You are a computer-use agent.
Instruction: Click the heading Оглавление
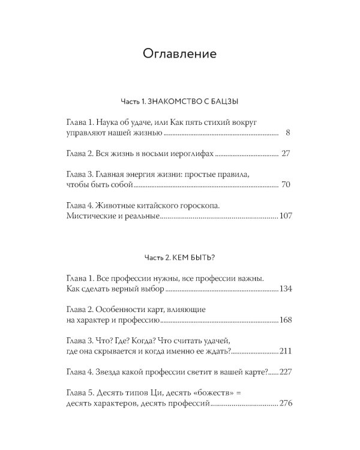click(179, 54)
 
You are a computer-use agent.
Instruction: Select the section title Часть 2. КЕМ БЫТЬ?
click(179, 257)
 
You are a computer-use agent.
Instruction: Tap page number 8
click(288, 132)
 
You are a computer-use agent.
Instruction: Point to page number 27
click(286, 154)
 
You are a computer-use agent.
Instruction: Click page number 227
click(286, 373)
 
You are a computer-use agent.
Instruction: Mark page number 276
click(286, 404)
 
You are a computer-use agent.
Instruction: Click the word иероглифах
click(190, 154)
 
